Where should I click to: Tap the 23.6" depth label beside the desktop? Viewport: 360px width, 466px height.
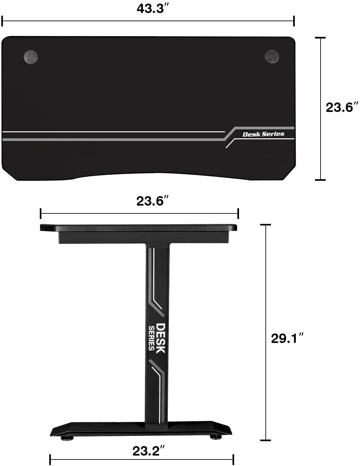(x=342, y=107)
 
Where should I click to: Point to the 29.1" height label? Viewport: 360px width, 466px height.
(x=287, y=338)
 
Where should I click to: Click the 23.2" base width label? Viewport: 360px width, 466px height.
(x=148, y=451)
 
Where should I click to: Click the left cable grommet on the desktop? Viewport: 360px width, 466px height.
(x=31, y=57)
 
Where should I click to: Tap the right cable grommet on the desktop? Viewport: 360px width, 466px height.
(x=272, y=56)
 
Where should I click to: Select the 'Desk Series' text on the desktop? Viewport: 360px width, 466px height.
(x=263, y=134)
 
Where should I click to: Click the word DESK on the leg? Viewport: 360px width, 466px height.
(x=160, y=338)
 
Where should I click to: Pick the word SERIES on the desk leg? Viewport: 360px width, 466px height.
(x=152, y=338)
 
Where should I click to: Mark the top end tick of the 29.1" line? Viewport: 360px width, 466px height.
(x=266, y=225)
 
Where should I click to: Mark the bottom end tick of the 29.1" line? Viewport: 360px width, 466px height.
(x=266, y=441)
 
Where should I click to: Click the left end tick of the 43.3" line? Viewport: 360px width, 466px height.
(x=2, y=21)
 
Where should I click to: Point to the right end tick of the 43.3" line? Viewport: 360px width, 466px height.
(x=294, y=21)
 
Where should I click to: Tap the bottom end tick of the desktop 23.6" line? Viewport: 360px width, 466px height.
(x=321, y=179)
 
